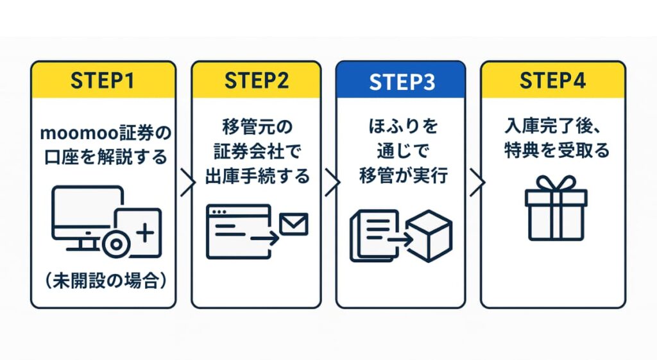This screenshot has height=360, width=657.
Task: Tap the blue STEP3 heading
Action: click(x=401, y=81)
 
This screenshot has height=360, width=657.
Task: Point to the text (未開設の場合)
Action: click(x=103, y=282)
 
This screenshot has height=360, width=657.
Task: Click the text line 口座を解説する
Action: click(x=103, y=155)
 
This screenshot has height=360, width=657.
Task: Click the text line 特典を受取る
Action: click(x=552, y=153)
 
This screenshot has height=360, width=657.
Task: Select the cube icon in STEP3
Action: click(x=431, y=236)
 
